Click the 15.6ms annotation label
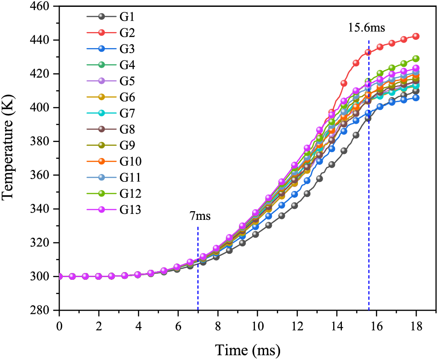(x=367, y=27)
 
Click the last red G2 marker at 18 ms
(x=416, y=36)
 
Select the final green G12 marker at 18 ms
(x=416, y=59)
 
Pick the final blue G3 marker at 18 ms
(x=416, y=98)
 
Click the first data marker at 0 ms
(x=59, y=276)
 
